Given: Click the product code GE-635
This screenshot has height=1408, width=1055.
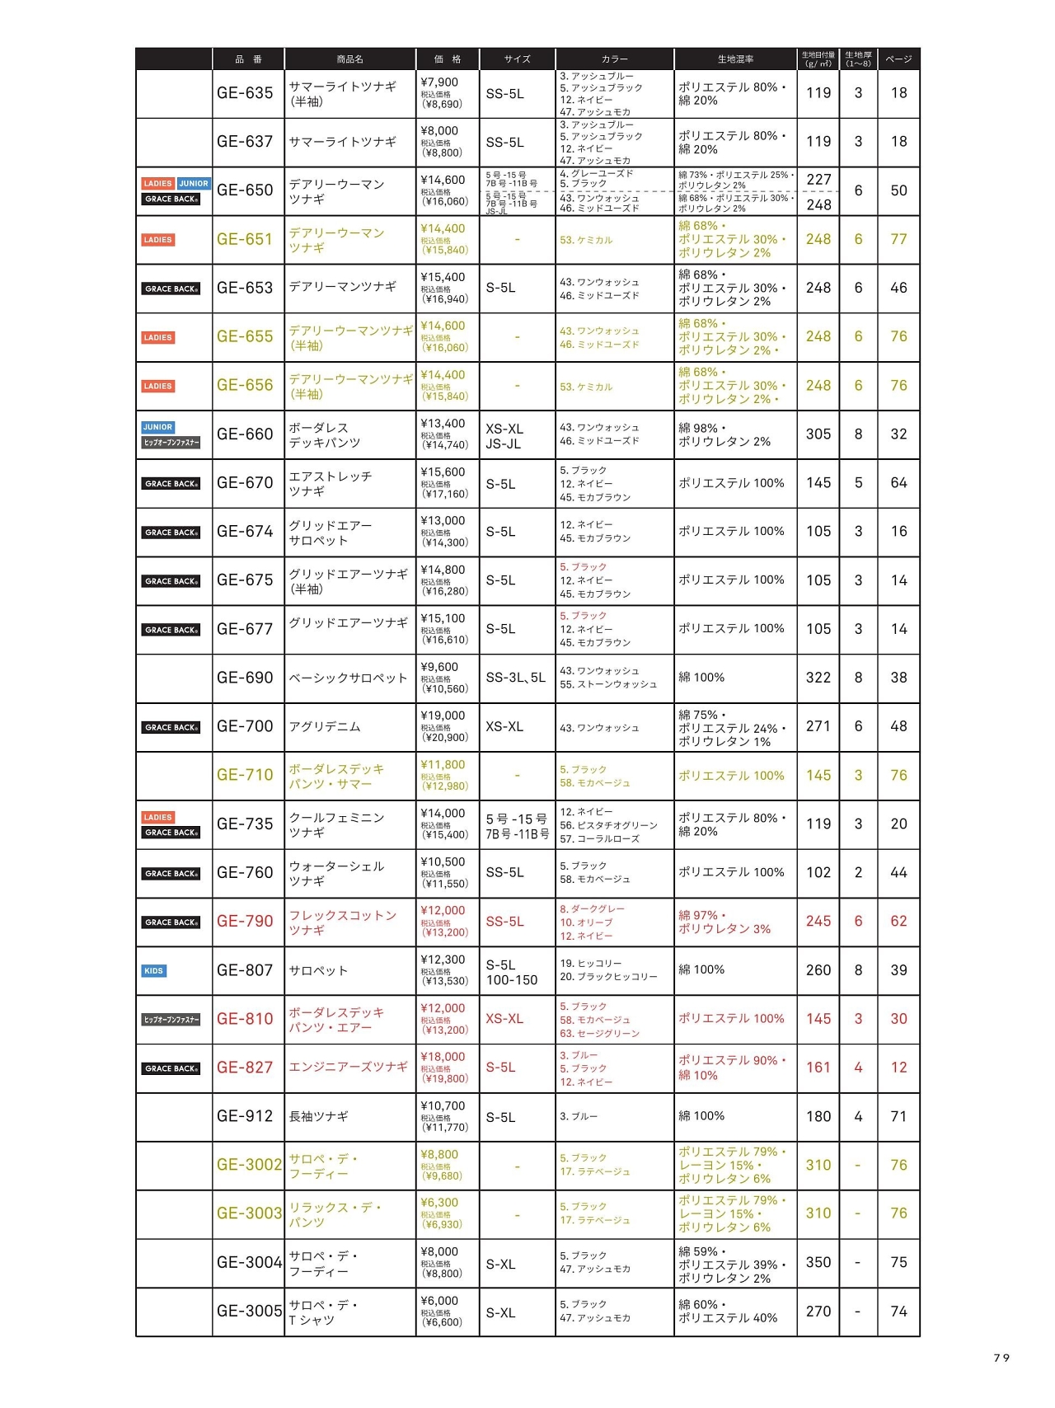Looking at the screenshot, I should pos(245,93).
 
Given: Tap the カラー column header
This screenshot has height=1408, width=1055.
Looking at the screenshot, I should pos(614,59).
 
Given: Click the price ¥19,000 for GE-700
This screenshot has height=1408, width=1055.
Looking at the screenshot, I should pos(443,716).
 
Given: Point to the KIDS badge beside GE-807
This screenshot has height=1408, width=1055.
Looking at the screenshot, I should pos(154,970).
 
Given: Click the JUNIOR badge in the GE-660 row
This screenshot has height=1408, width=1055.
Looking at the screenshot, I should pos(157,427).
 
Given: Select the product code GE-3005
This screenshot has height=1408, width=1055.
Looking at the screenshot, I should pos(249,1311).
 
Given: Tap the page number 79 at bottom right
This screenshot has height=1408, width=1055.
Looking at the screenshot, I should pos(1001,1358).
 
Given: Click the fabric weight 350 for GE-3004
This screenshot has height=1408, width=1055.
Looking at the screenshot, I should pos(818,1262).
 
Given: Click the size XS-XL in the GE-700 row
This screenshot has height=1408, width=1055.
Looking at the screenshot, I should pos(504,726).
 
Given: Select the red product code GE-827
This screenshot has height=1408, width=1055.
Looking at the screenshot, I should pos(245,1068).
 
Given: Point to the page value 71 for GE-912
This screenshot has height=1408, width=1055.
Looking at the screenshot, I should pos(898,1116).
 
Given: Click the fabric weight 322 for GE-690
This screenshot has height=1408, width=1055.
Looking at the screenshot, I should pos(818,678).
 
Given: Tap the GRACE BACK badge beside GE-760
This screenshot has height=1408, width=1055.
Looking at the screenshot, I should pos(171,873).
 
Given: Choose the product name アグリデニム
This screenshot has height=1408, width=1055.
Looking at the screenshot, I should pos(325,726).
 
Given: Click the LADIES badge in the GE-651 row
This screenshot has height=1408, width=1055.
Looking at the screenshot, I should pos(157,240).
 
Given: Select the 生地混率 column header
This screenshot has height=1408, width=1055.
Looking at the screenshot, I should pos(735,59).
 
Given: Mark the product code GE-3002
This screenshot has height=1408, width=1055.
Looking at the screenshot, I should pos(249,1165).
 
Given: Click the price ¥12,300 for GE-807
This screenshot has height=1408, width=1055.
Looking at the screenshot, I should pos(443,960).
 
